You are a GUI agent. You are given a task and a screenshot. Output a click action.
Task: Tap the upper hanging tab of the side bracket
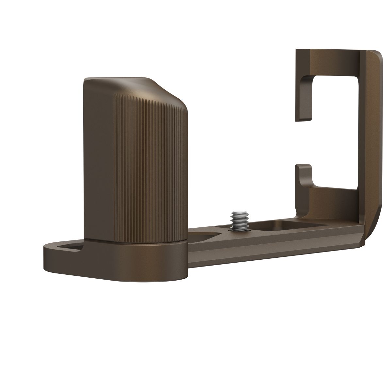pyautogui.click(x=302, y=98)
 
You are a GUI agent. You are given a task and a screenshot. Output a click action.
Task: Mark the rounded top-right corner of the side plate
pyautogui.click(x=376, y=59)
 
